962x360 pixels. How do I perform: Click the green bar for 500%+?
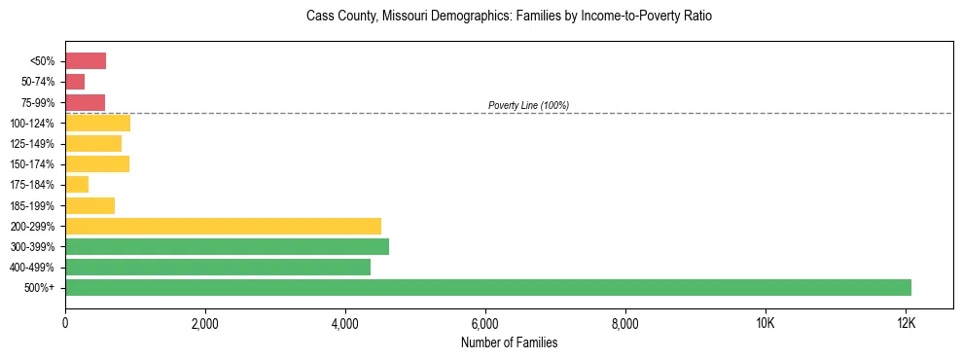[x=488, y=287]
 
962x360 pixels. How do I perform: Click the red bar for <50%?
[x=86, y=61]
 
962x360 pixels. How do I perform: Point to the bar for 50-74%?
[x=75, y=82]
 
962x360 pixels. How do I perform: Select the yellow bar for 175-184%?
[x=77, y=185]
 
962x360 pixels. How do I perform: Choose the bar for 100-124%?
[x=97, y=124]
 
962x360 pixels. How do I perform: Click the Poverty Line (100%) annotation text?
[x=528, y=105]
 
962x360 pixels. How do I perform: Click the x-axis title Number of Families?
[x=509, y=342]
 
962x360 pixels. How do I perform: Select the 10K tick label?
[x=765, y=323]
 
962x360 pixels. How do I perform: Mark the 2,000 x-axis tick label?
[x=205, y=323]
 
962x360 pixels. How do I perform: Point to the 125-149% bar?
[x=93, y=144]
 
